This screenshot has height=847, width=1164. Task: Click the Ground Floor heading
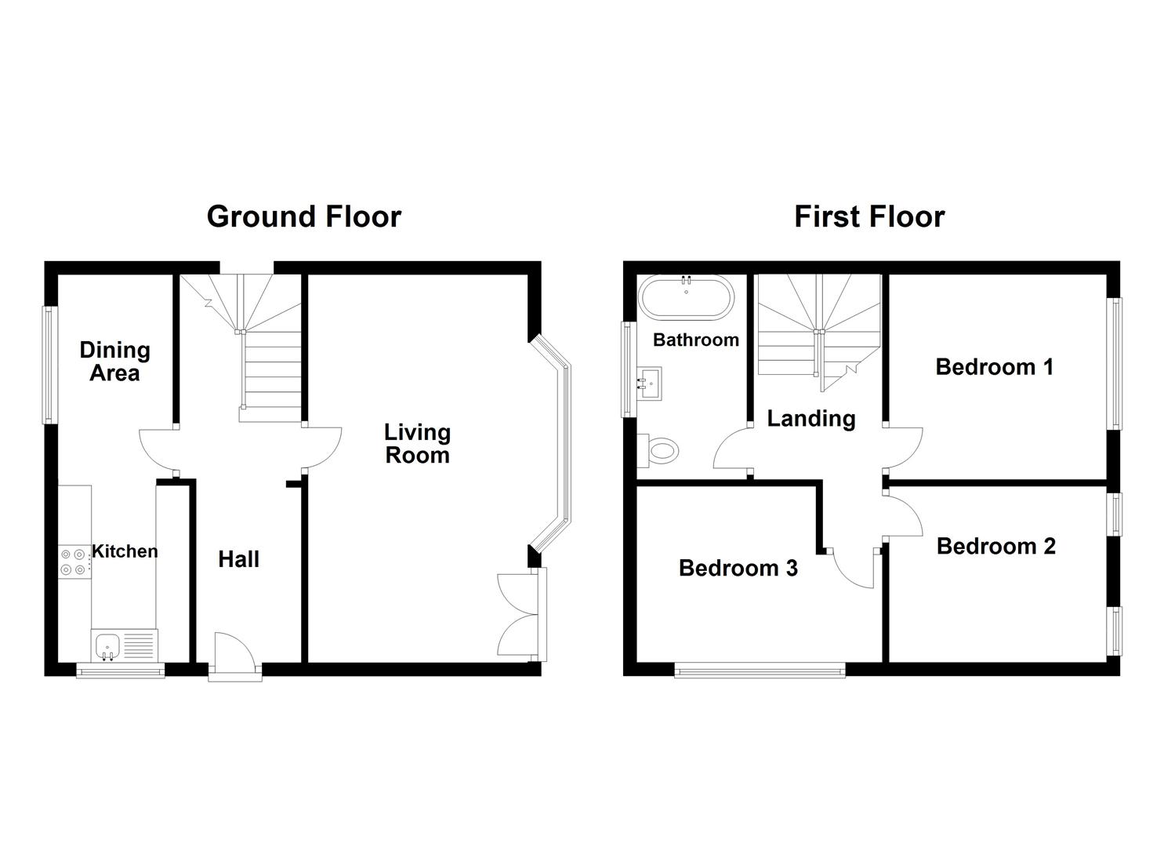tap(303, 216)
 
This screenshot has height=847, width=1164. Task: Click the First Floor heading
tap(869, 216)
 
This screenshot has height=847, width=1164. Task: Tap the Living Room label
tap(417, 444)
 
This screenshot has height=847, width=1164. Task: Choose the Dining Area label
tap(114, 362)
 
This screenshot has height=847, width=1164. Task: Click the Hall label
tap(238, 559)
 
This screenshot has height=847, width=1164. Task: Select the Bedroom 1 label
tap(994, 367)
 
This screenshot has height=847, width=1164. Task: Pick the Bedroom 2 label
tap(995, 546)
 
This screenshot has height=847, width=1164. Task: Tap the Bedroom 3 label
tap(738, 568)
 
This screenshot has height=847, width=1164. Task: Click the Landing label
tap(810, 419)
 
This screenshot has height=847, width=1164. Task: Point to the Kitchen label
tap(125, 551)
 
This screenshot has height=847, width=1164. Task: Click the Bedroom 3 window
tap(760, 670)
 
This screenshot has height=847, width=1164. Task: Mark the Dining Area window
tap(50, 364)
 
